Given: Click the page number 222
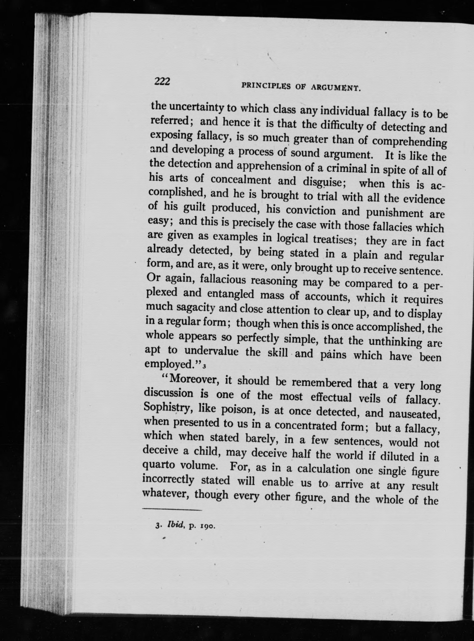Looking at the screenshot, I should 162,82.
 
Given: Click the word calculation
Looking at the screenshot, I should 324,469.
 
